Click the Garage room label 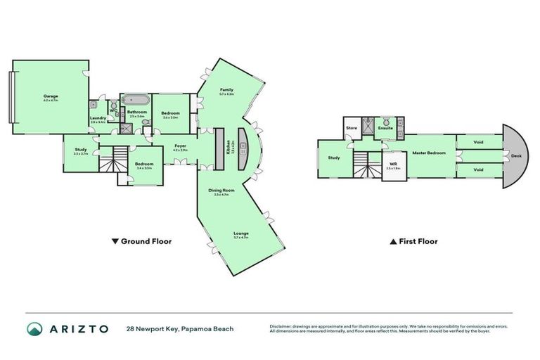click(x=51, y=97)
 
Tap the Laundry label click(x=98, y=119)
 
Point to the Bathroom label click(x=136, y=112)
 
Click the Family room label click(x=226, y=91)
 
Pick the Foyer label click(x=180, y=146)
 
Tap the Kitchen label click(x=229, y=148)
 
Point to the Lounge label click(x=241, y=233)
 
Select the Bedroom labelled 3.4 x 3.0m click(x=144, y=165)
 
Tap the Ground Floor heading click(x=143, y=241)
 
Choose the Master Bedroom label click(x=426, y=152)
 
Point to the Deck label click(x=515, y=156)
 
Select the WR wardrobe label click(x=393, y=165)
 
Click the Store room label click(x=352, y=128)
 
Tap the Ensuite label click(x=385, y=128)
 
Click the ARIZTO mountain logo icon click(x=34, y=329)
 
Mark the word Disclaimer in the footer click(x=283, y=326)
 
